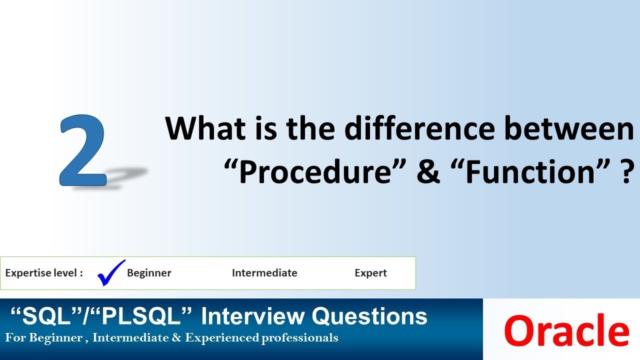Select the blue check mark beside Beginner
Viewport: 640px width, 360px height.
click(110, 272)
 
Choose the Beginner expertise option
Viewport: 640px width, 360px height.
click(149, 273)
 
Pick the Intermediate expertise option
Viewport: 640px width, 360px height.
click(264, 273)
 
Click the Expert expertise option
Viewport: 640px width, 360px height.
click(370, 273)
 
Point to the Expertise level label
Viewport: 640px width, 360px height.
click(44, 273)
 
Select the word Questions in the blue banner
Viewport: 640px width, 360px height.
click(369, 316)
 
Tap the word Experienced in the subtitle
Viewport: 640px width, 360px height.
click(221, 338)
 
